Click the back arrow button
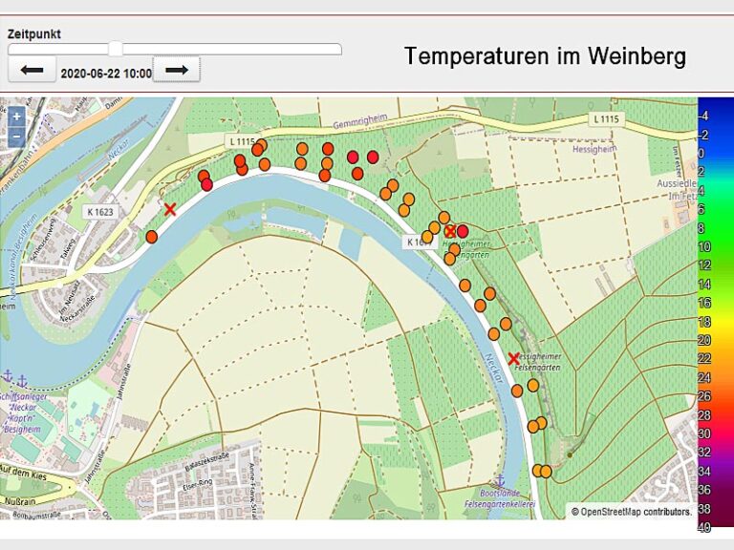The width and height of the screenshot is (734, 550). click(x=32, y=70)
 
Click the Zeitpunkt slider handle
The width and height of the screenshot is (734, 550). click(x=116, y=49)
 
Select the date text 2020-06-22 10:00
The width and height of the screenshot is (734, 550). click(x=106, y=74)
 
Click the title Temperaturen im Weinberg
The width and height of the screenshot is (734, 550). click(x=545, y=56)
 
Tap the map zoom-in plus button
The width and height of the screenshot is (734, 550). click(x=16, y=116)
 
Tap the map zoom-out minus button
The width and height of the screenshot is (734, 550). click(x=16, y=136)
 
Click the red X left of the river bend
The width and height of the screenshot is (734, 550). click(x=170, y=209)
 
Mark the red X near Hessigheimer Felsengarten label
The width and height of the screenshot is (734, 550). click(x=513, y=358)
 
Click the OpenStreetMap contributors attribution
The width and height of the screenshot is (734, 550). click(x=632, y=512)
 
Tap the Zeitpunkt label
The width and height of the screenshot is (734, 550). click(x=34, y=33)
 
